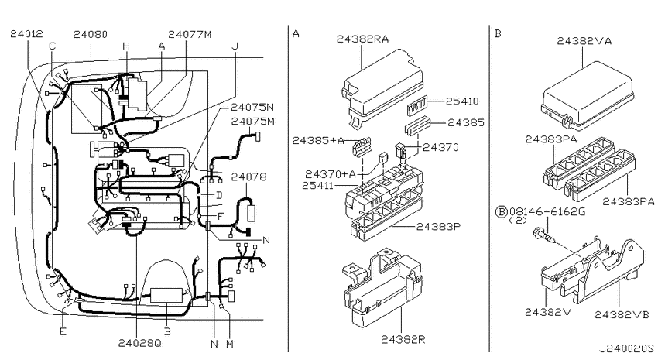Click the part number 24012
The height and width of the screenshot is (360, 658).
click(26, 34)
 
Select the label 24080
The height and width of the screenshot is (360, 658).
click(91, 34)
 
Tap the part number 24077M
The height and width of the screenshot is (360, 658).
click(190, 34)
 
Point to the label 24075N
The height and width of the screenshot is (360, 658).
click(252, 107)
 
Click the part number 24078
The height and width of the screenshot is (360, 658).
click(248, 177)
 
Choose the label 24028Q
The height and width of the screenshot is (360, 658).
click(139, 343)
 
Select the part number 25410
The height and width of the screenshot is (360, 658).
click(462, 101)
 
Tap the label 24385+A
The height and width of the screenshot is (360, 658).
click(318, 140)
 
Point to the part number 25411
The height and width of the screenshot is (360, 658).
click(318, 185)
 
